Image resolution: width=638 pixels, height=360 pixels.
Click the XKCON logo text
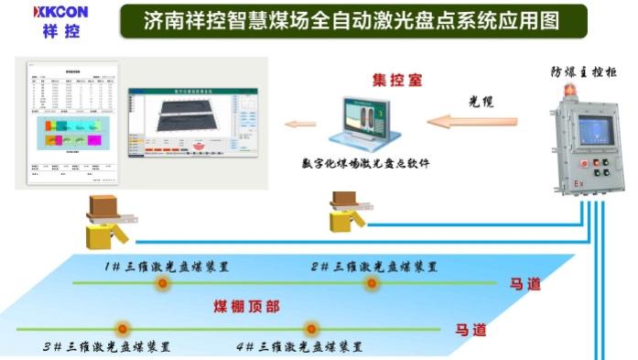pyautogui.click(x=62, y=13)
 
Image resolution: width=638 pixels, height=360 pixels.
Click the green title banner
pyautogui.click(x=352, y=19)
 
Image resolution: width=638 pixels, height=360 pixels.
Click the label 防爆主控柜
pyautogui.click(x=583, y=71)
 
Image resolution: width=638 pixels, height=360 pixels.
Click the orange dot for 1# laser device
pyautogui.click(x=163, y=283)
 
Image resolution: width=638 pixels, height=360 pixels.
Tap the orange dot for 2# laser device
pyautogui.click(x=372, y=283)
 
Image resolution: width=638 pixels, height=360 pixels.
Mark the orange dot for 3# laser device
pyautogui.click(x=120, y=328)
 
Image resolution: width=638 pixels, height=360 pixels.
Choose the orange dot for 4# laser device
pyautogui.click(x=311, y=328)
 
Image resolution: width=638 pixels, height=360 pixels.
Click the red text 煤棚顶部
pyautogui.click(x=246, y=306)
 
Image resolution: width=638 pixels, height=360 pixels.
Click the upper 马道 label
pyautogui.click(x=524, y=284)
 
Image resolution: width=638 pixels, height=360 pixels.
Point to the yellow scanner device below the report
pyautogui.click(x=105, y=224)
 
